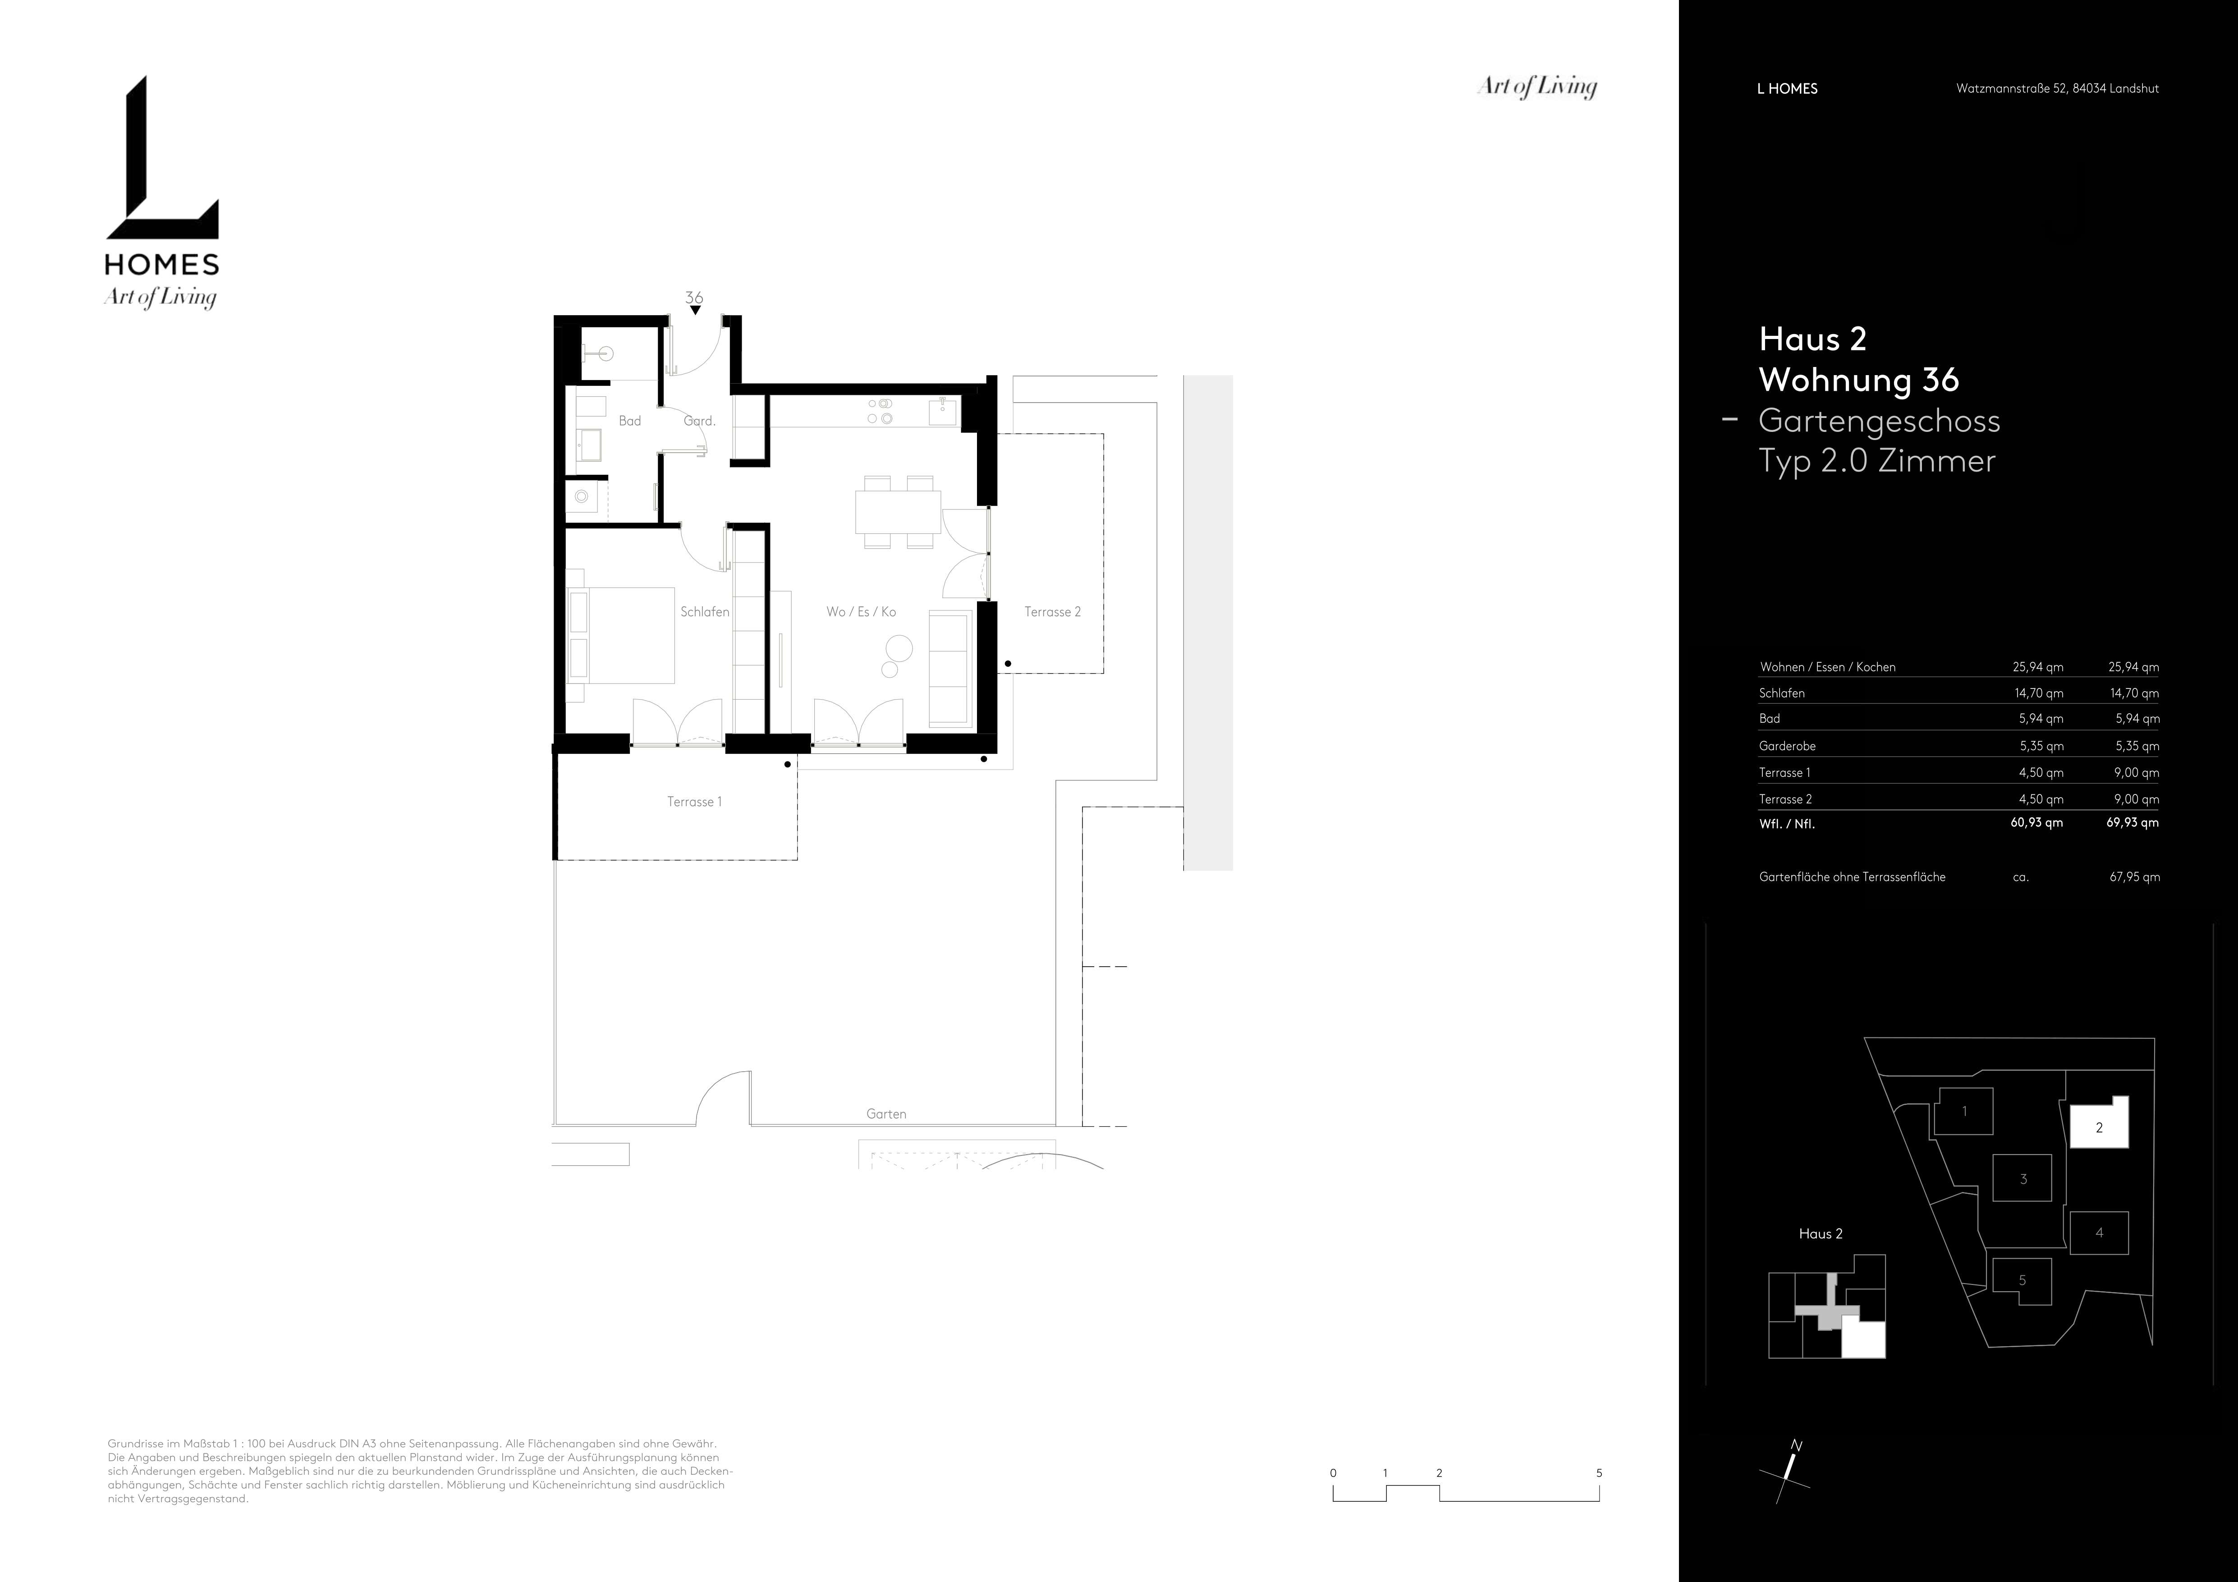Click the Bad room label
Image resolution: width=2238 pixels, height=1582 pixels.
[x=630, y=421]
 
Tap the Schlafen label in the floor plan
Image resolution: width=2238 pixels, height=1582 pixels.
[x=705, y=612]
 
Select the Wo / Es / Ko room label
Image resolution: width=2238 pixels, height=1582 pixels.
[x=861, y=612]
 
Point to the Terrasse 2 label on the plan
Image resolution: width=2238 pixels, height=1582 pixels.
[x=1053, y=612]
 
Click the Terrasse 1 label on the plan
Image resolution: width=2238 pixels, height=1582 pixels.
[x=694, y=802]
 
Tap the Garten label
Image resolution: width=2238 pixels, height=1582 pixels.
[x=886, y=1114]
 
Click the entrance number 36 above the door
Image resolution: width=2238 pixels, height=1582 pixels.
[x=694, y=297]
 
